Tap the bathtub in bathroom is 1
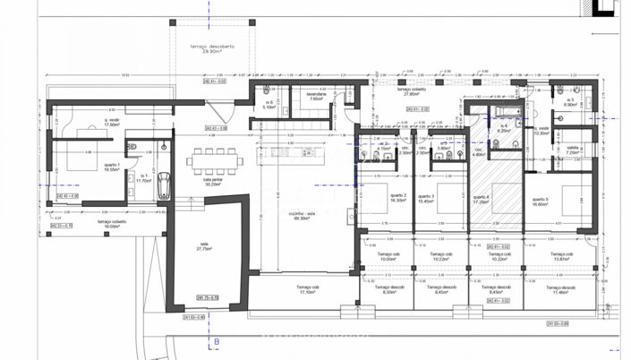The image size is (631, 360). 164,186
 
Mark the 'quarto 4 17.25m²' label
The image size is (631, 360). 482,201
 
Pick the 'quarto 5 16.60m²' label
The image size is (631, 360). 540,201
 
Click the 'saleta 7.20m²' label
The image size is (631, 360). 573,151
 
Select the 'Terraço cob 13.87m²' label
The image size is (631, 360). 559,256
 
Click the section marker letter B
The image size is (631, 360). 216,341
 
